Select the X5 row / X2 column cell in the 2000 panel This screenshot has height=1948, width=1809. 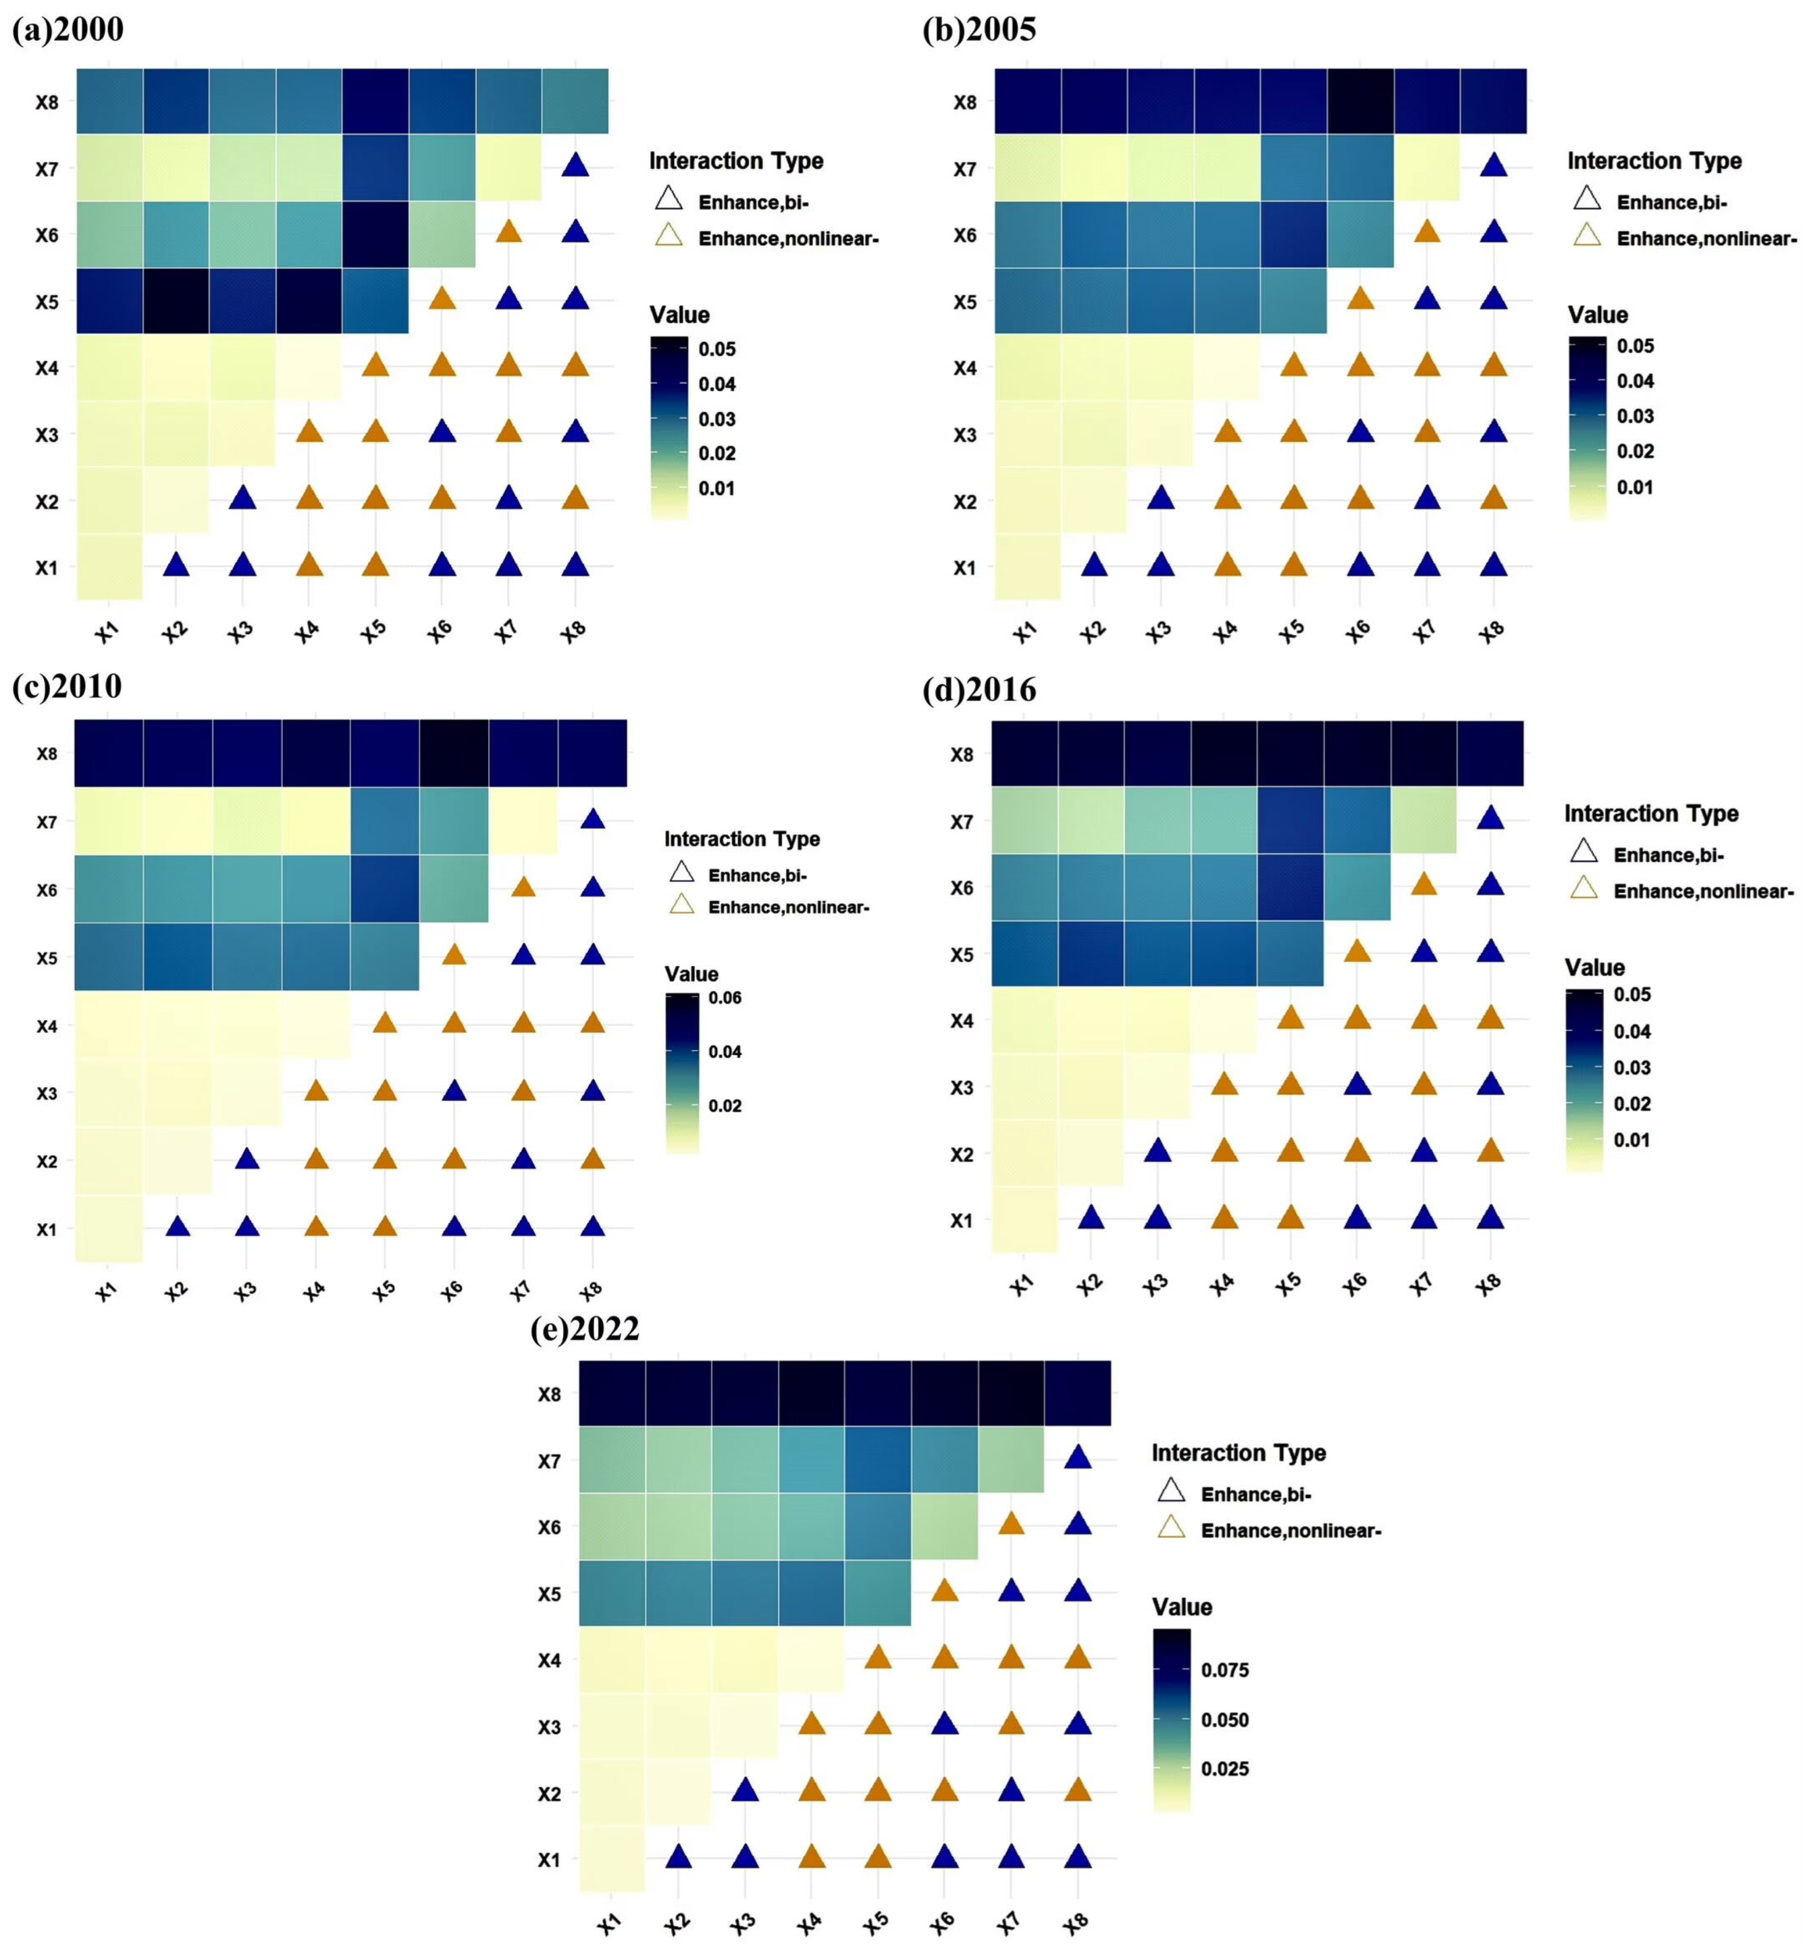pos(176,301)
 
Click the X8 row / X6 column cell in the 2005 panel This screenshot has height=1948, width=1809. pos(1360,101)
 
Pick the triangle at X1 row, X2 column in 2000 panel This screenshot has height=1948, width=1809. pos(176,565)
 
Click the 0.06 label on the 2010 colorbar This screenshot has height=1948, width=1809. pos(724,997)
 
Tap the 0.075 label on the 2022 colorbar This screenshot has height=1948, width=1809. pos(1225,1670)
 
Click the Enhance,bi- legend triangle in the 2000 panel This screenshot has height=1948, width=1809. pos(669,200)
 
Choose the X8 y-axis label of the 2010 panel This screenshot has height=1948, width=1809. pos(47,754)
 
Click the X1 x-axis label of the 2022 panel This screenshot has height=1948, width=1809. pos(609,1924)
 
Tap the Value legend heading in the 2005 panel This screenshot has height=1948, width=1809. pos(1597,315)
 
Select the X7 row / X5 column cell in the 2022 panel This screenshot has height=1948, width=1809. pos(877,1459)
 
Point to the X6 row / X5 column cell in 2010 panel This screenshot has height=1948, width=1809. pos(385,889)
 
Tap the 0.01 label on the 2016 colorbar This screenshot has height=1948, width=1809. pos(1631,1139)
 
